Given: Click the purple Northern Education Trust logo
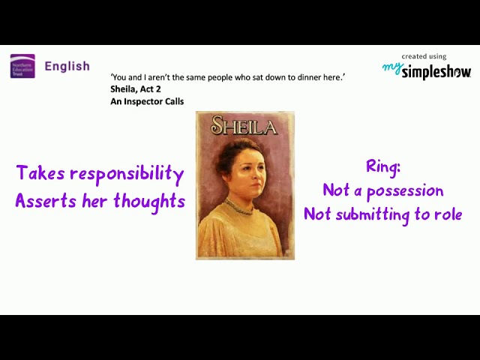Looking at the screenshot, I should click(22, 66).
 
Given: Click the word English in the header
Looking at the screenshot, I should click(67, 66).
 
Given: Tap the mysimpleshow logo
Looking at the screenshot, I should click(427, 71).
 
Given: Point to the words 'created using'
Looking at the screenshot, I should click(424, 56).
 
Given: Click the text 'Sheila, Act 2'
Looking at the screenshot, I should click(136, 88).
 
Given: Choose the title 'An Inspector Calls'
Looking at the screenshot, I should click(147, 101).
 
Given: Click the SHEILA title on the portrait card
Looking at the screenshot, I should click(244, 126).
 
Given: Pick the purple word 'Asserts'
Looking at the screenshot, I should click(43, 201).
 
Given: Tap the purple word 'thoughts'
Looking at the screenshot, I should click(149, 202).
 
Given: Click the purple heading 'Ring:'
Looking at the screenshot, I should click(382, 166).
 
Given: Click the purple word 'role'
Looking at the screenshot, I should click(448, 214).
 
